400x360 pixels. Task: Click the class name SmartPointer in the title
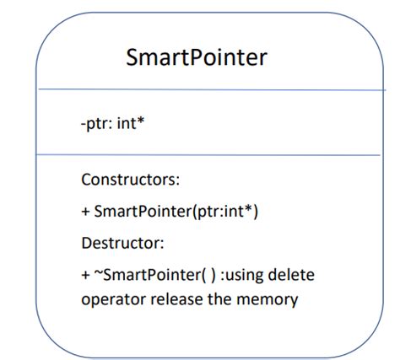pyautogui.click(x=197, y=57)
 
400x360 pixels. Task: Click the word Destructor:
pyautogui.click(x=122, y=244)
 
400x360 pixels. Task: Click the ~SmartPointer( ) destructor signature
pyautogui.click(x=149, y=276)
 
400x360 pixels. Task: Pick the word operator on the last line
pyautogui.click(x=113, y=298)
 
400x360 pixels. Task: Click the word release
pyautogui.click(x=180, y=298)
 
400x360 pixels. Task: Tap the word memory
pyautogui.click(x=274, y=298)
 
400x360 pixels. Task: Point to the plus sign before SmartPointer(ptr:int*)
pyautogui.click(x=85, y=212)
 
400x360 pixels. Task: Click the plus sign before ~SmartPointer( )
pyautogui.click(x=85, y=276)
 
